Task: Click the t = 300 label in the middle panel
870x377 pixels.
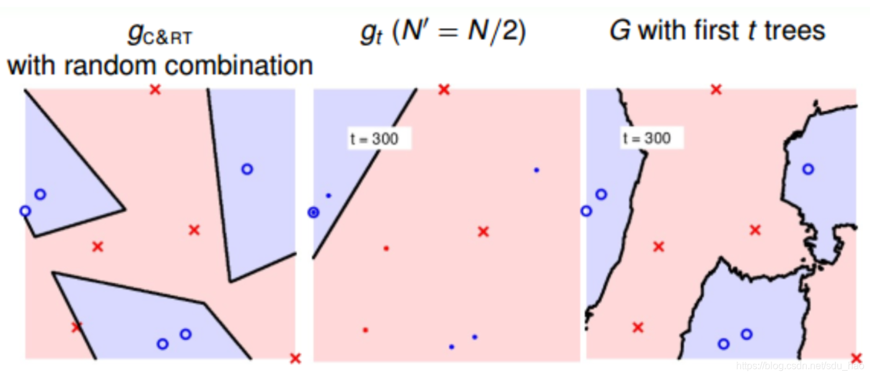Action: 374,139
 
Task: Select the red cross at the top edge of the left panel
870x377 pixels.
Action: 155,90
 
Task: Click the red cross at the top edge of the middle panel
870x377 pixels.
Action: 444,90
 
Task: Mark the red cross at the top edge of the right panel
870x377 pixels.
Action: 716,90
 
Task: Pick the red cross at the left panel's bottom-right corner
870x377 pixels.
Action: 296,358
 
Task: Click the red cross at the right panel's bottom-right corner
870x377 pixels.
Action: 856,358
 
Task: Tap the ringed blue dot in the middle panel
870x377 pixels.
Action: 314,213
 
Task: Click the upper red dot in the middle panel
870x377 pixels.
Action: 386,248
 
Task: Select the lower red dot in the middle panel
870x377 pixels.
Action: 365,330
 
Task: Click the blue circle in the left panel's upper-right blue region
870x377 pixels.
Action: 247,169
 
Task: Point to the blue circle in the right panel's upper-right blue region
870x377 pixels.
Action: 807,169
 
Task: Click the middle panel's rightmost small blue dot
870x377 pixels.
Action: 536,170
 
